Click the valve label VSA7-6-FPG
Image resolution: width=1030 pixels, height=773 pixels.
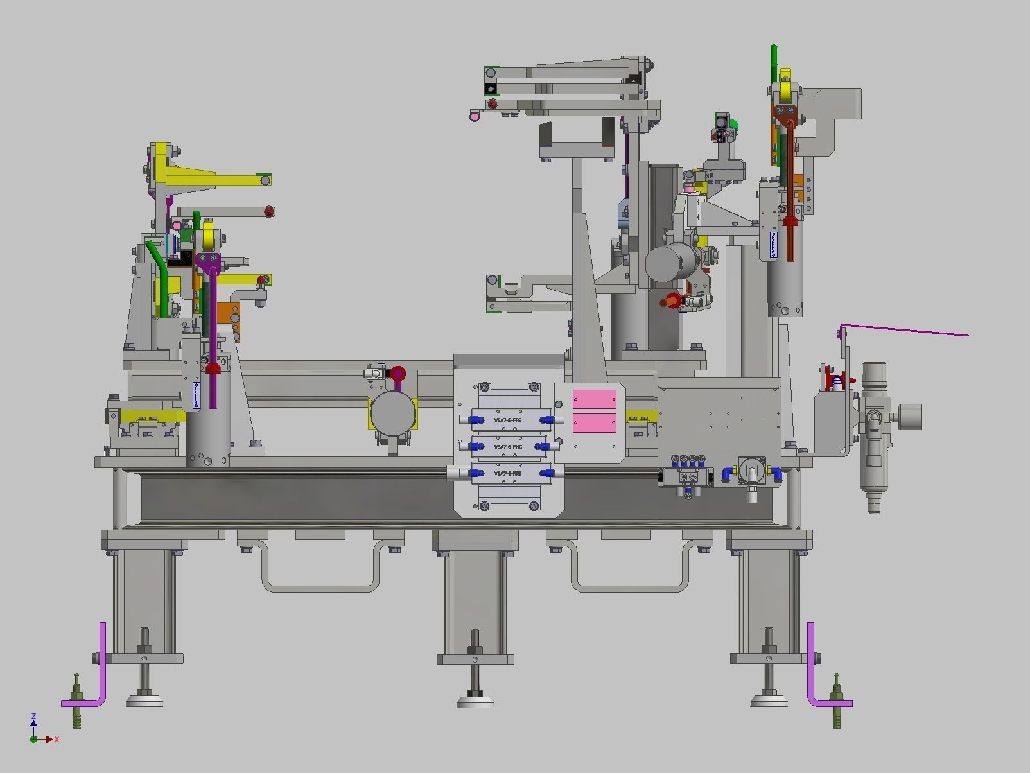coord(507,420)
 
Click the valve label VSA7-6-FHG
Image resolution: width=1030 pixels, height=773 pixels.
coord(507,446)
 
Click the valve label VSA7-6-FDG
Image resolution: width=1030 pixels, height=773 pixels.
coord(507,473)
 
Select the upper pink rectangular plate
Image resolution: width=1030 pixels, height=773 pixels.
coord(594,399)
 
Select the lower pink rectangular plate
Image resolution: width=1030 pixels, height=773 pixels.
coord(594,422)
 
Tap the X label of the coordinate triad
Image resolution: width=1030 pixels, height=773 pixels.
coord(57,740)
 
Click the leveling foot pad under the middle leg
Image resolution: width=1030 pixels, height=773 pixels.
coord(475,701)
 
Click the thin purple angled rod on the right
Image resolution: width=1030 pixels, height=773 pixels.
coord(905,330)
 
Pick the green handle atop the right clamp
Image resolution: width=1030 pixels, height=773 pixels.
coord(774,61)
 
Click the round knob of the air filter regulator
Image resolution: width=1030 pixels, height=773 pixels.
coord(911,417)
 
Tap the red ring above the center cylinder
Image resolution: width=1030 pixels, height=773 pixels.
coord(398,374)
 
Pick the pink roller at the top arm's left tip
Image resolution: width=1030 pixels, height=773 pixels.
coord(475,116)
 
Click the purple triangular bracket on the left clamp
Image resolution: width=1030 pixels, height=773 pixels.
coord(209,261)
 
